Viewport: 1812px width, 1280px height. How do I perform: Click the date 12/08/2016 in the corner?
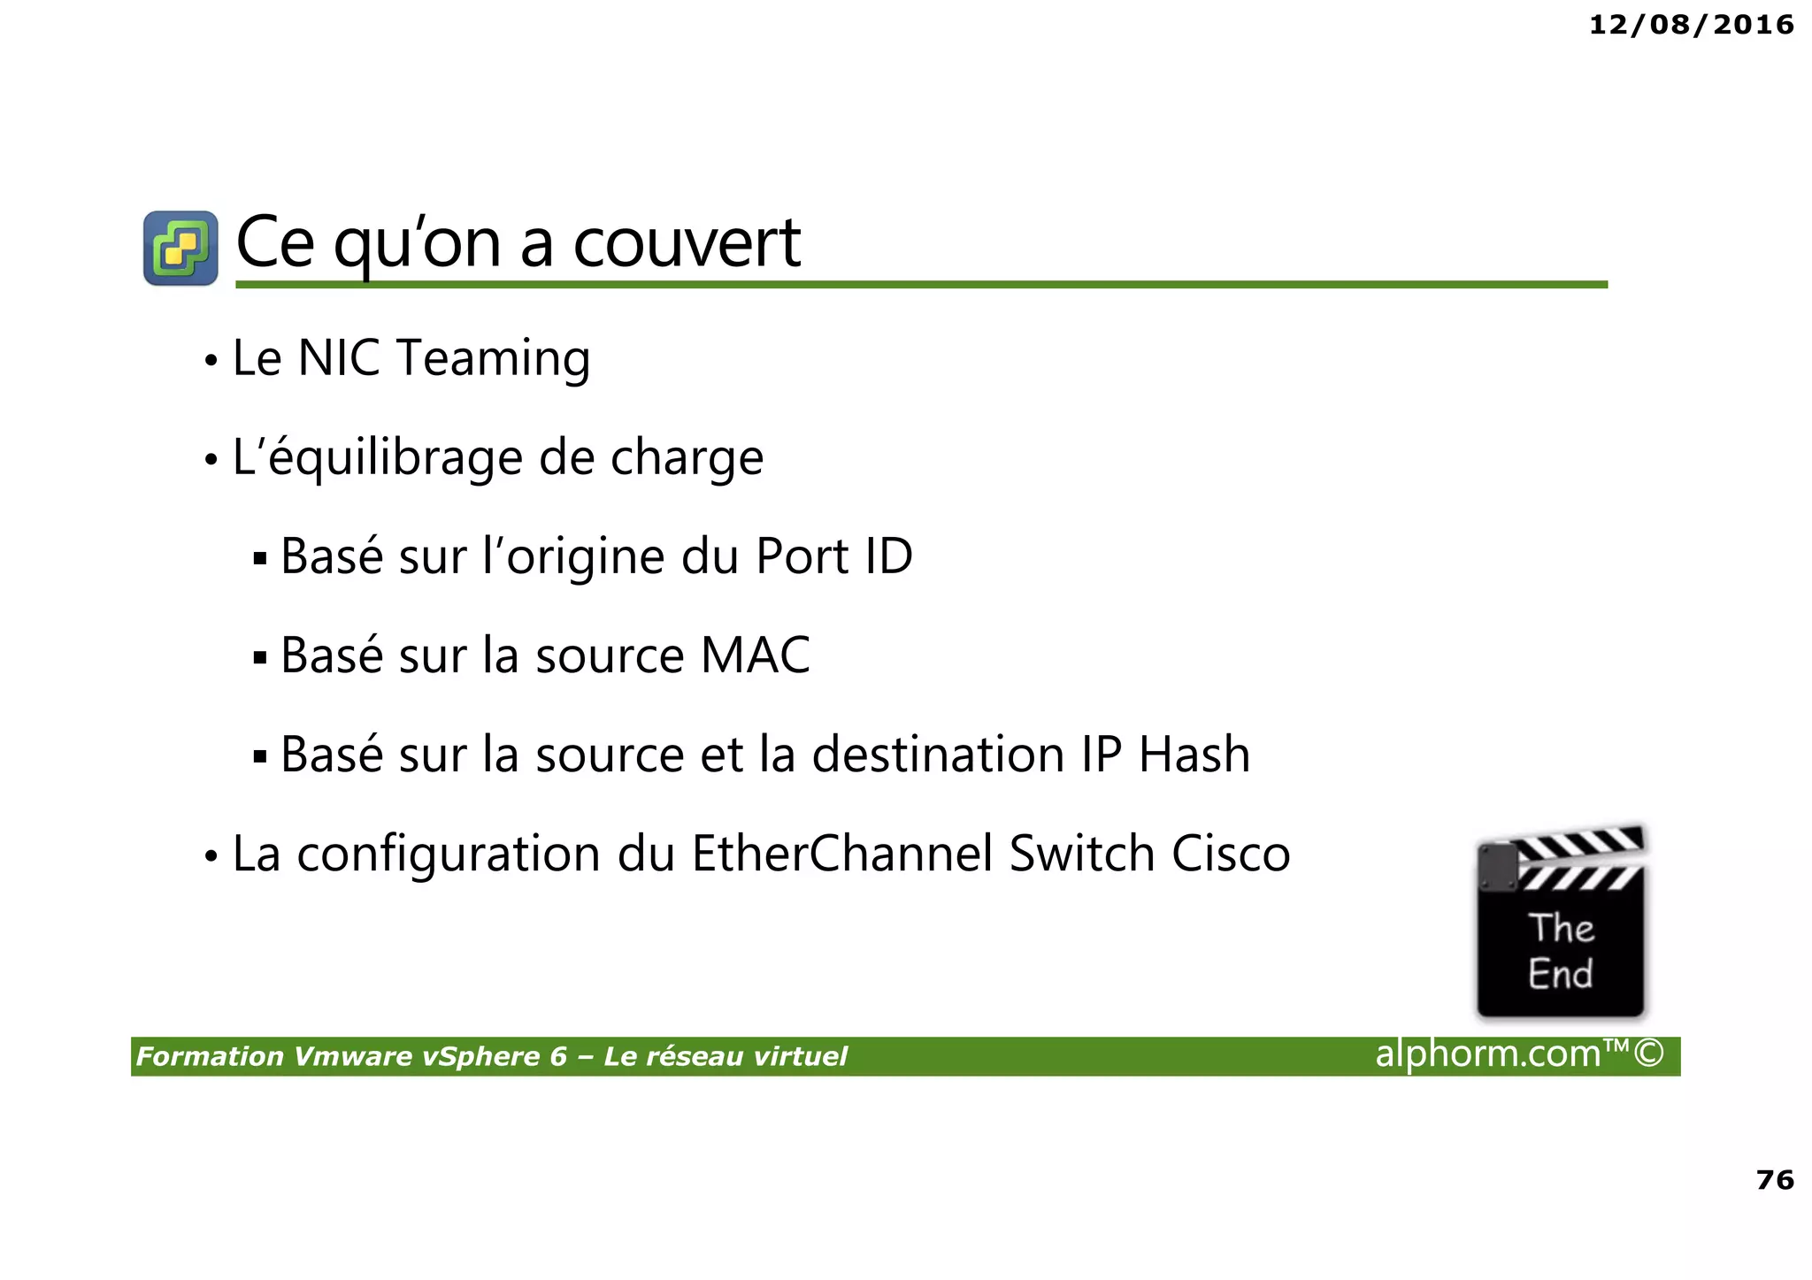coord(1691,25)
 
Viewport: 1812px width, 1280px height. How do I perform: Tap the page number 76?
coord(1774,1179)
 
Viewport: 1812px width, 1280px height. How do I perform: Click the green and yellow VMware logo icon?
coord(180,248)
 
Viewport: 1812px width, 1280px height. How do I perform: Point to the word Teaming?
coord(493,358)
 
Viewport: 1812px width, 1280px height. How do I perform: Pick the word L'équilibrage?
coord(377,458)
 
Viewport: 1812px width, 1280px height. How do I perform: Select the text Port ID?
coord(833,557)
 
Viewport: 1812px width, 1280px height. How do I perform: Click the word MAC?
coord(755,656)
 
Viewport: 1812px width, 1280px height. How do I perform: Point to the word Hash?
coord(1194,755)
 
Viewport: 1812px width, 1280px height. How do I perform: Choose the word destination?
coord(937,755)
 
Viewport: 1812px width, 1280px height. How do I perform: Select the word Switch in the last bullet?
coord(1081,855)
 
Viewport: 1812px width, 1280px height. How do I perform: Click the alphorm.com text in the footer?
coord(1488,1054)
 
